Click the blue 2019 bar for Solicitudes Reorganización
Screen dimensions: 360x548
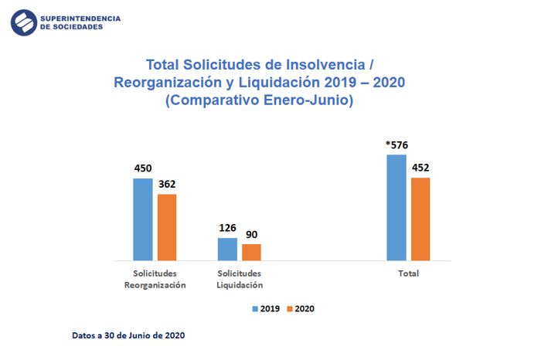coord(143,219)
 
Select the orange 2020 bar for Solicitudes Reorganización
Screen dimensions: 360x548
coord(167,227)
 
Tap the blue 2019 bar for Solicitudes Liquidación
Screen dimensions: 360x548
coord(227,249)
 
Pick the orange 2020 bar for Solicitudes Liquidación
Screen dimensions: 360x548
coord(251,252)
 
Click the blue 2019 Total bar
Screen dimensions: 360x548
coord(396,207)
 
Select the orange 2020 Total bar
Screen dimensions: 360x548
coord(420,219)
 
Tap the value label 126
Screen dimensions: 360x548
coord(227,229)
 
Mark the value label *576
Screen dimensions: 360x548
coord(396,145)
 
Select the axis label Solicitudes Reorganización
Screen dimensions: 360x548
coord(155,279)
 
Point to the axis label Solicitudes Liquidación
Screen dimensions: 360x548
coord(240,279)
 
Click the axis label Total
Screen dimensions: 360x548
coord(407,273)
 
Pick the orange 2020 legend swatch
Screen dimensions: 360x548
coord(290,309)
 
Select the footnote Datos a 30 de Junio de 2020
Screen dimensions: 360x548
coord(128,336)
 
